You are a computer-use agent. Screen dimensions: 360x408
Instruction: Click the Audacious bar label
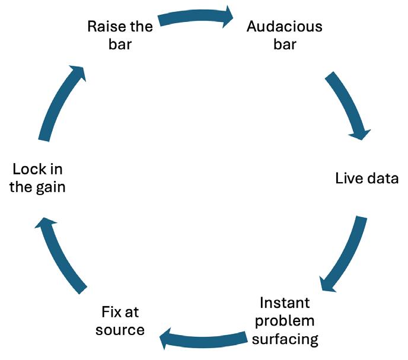tap(284, 36)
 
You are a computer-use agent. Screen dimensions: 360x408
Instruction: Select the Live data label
tap(366, 179)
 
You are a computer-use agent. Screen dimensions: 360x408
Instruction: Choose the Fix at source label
tap(120, 321)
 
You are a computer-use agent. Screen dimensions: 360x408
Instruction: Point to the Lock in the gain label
tap(39, 179)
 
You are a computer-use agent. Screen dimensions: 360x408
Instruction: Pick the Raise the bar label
tap(120, 36)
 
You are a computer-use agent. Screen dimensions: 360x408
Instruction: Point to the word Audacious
tap(284, 27)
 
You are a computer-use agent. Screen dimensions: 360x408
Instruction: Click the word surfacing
tap(289, 339)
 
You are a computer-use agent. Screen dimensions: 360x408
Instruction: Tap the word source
tap(120, 330)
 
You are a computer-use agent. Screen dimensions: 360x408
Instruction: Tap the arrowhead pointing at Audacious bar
tap(228, 17)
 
